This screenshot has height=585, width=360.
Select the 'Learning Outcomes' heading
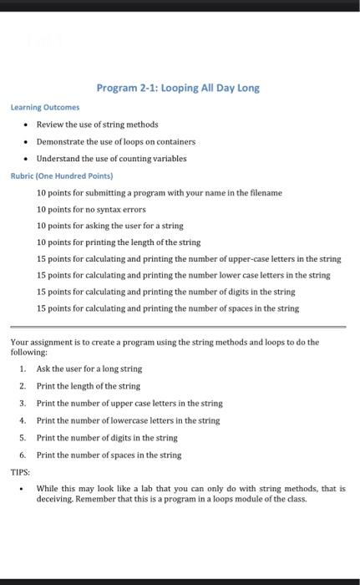pos(45,107)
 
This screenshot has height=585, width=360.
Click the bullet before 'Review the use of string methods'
pos(27,125)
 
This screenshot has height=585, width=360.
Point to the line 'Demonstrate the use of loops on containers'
pos(115,141)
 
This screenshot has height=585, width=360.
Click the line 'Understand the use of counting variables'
pos(111,158)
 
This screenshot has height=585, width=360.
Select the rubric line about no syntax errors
pos(91,209)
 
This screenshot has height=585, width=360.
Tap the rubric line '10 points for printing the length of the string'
pos(119,242)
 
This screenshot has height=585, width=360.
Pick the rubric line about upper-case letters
pos(189,258)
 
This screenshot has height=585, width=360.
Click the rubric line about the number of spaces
pos(168,308)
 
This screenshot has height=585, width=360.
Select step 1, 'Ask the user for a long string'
pos(89,369)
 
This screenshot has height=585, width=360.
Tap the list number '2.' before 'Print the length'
pos(23,386)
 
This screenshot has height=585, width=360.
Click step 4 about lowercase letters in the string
pos(128,420)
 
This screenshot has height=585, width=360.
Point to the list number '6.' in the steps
pos(23,455)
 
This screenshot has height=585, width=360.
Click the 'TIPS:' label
pos(20,472)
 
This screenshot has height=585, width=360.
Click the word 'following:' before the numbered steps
pos(28,353)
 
